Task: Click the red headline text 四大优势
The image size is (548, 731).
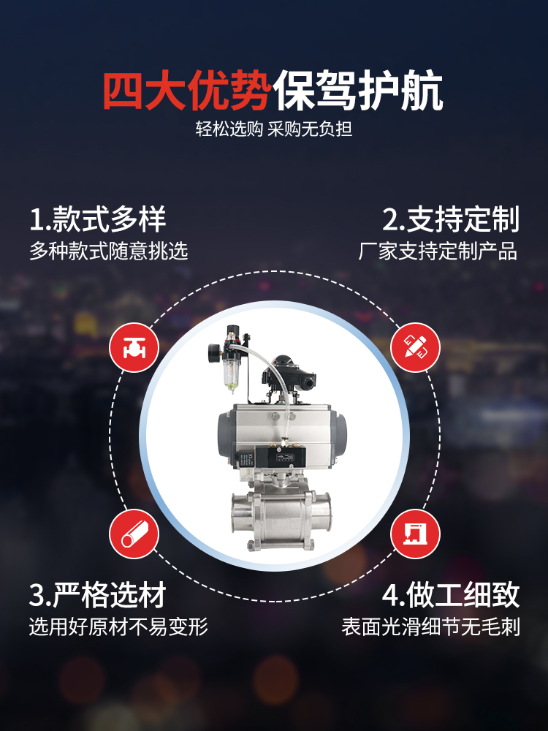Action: [x=187, y=91]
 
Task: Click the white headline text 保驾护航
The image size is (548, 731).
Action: [x=358, y=91]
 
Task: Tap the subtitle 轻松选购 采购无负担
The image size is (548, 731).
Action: [x=274, y=129]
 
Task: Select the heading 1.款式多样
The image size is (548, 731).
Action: [x=97, y=219]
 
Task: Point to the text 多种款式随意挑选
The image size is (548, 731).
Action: [x=109, y=251]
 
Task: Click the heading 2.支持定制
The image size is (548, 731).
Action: [x=451, y=219]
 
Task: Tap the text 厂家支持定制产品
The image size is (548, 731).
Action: [x=438, y=251]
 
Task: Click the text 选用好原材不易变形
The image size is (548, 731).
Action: [x=118, y=626]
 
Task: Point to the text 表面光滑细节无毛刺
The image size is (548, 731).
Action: [x=430, y=626]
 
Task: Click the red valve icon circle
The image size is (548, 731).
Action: [x=134, y=347]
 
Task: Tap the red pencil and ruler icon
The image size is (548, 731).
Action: [x=415, y=347]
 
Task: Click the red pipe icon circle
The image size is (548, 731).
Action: [x=134, y=534]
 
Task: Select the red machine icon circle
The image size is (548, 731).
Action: [x=415, y=534]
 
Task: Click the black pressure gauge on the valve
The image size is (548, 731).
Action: [x=215, y=351]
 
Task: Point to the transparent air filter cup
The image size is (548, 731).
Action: [x=231, y=374]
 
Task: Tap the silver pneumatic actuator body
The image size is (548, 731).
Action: [x=282, y=434]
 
